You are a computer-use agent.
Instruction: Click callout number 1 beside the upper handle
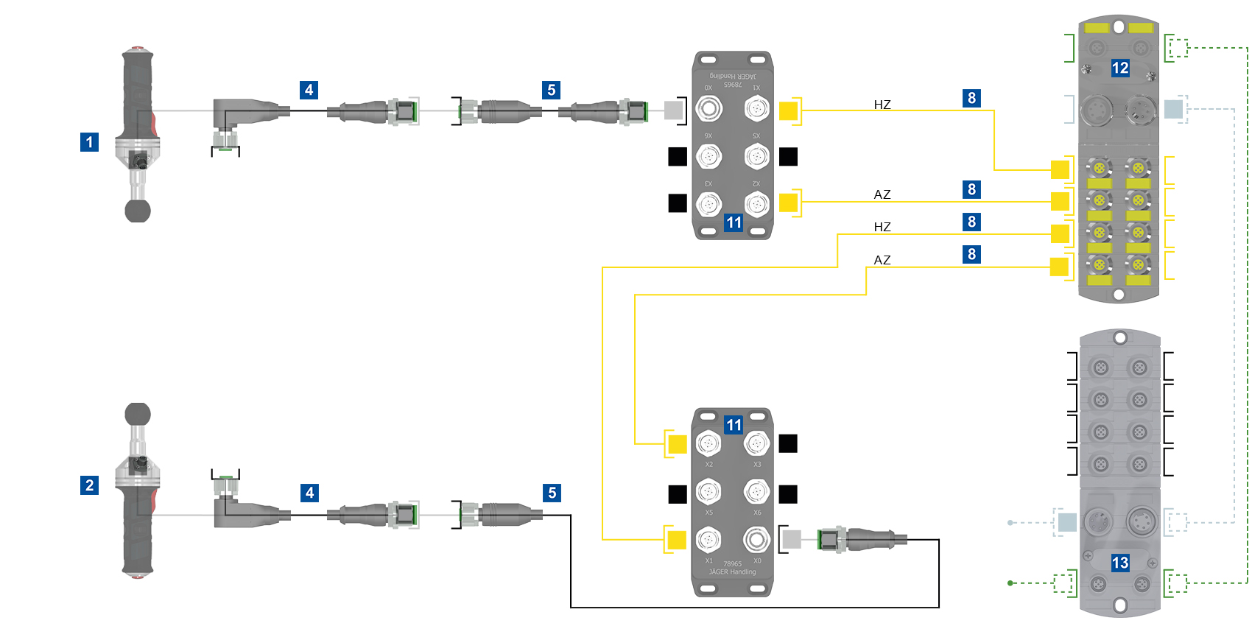(89, 142)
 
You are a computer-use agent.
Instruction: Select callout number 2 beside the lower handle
(89, 485)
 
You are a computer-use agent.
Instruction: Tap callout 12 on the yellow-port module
(1119, 68)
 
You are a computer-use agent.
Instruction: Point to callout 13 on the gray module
(1119, 563)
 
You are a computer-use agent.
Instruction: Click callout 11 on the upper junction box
(734, 222)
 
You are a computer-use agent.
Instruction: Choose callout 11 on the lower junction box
(734, 425)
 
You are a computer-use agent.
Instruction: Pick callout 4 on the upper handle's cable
(309, 90)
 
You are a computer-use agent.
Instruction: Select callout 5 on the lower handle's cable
(552, 493)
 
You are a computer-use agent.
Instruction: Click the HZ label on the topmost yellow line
(882, 105)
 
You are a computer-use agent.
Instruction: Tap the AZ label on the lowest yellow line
(882, 260)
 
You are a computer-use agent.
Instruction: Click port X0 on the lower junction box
(756, 540)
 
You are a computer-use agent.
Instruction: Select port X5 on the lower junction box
(708, 491)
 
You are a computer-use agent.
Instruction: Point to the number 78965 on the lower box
(732, 564)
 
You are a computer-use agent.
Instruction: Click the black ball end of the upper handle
(138, 211)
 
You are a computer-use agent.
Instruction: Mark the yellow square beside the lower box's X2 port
(677, 444)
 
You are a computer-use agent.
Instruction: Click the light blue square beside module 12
(1173, 110)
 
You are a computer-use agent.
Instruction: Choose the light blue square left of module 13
(1067, 523)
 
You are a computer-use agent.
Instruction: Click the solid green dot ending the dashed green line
(1010, 583)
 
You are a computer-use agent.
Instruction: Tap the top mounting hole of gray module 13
(1119, 339)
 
